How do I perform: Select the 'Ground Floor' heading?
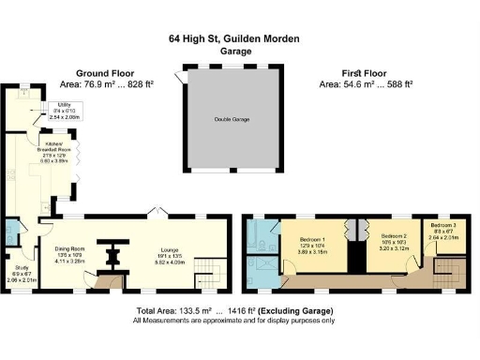(x=105, y=72)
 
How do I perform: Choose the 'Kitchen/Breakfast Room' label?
(x=58, y=146)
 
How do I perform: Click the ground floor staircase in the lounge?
(x=217, y=271)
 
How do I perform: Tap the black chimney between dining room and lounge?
(x=113, y=254)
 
